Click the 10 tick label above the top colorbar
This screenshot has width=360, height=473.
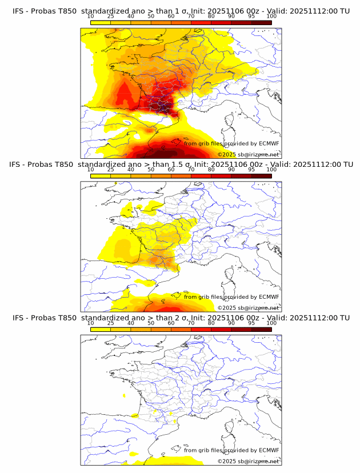pos(90,16)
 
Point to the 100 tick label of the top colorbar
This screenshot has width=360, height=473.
pos(271,16)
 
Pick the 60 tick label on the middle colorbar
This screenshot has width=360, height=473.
pos(171,170)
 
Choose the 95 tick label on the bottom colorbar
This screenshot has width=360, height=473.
pos(251,323)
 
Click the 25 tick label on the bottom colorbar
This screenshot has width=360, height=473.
pos(110,323)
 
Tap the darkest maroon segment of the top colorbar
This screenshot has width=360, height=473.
pos(261,22)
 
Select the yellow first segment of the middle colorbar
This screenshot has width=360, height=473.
pos(100,176)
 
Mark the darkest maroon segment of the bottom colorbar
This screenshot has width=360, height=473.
pos(261,329)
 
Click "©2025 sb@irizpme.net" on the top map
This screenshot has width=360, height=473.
pos(248,155)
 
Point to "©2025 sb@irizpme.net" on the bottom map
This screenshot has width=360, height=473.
pos(248,461)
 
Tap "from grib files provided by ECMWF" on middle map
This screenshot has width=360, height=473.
pos(231,297)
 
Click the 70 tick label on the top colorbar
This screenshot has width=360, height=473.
pos(191,16)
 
